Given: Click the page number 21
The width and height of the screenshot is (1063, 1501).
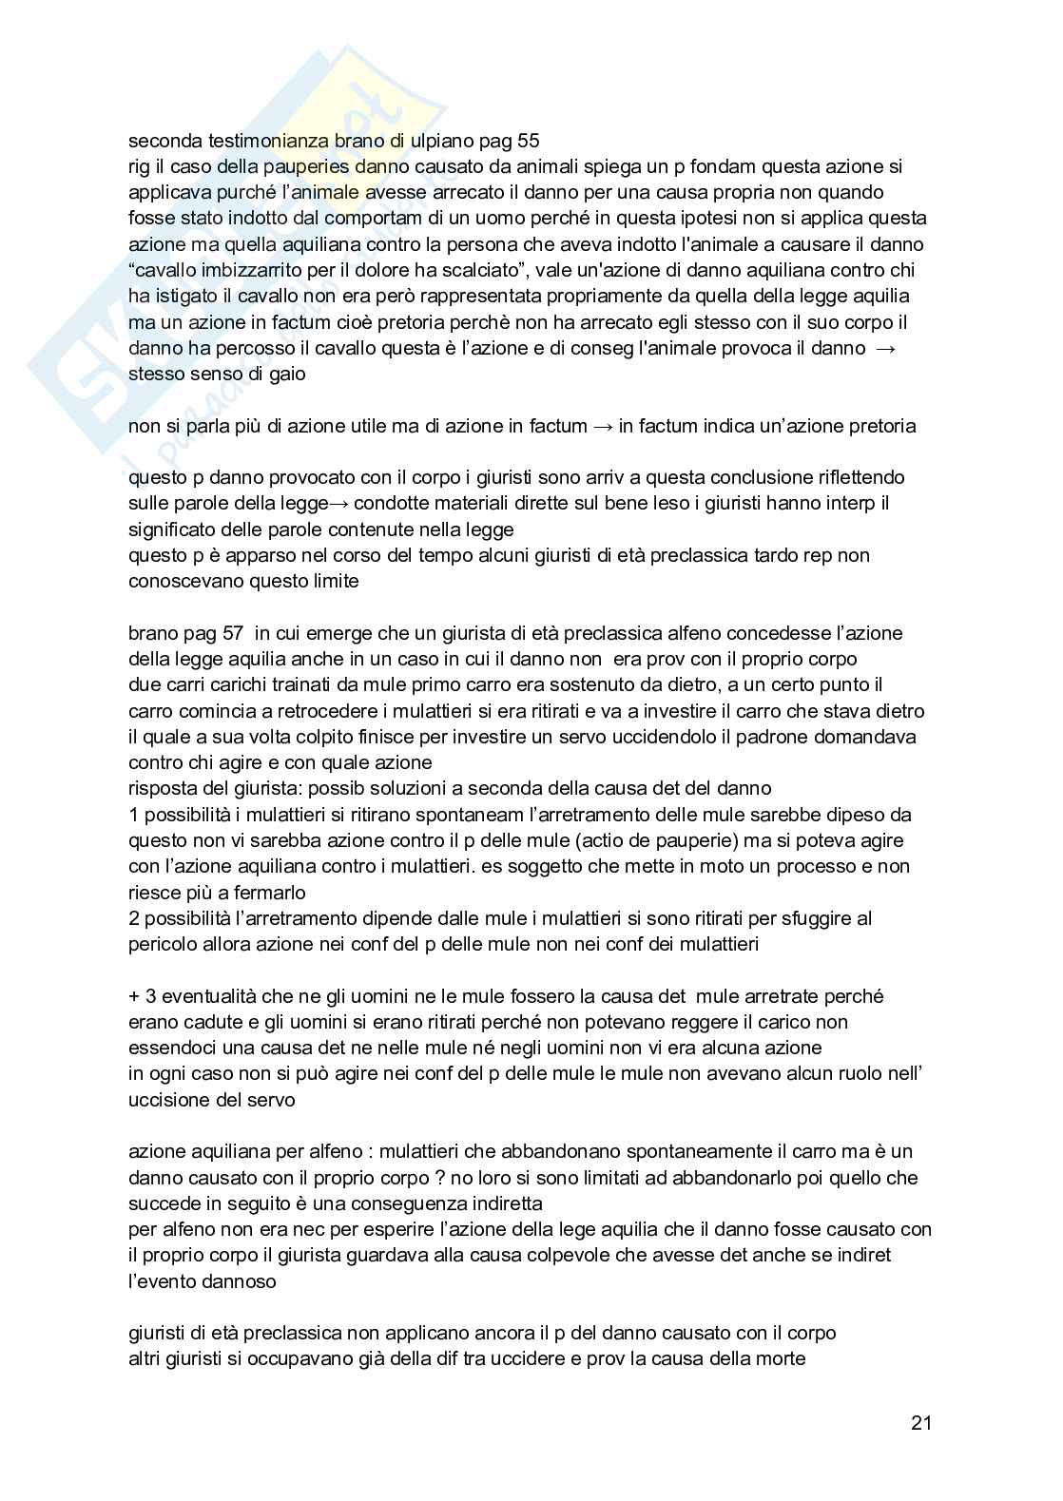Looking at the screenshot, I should click(x=920, y=1423).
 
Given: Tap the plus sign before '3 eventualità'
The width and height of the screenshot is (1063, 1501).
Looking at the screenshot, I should click(x=134, y=997).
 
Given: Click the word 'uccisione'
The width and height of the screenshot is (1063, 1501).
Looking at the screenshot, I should click(x=167, y=1101).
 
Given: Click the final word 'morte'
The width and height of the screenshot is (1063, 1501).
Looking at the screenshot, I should click(x=781, y=1359).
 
